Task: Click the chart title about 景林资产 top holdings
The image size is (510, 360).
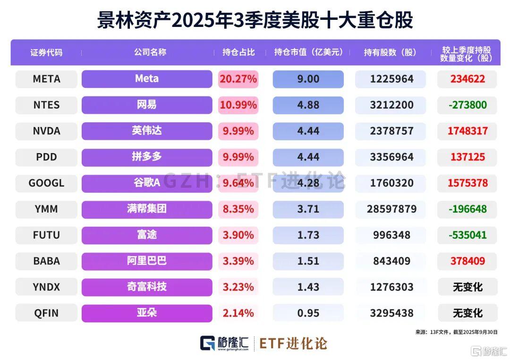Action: tap(255, 20)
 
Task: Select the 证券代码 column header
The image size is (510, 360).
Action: tap(46, 52)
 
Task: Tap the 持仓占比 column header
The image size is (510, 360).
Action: tap(238, 52)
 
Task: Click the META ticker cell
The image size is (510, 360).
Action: tap(46, 79)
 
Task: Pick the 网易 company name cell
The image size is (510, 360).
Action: tap(147, 105)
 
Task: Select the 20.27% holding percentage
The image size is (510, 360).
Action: tap(238, 79)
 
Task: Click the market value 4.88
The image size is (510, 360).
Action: tap(308, 105)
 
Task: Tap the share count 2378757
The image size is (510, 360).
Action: tap(391, 131)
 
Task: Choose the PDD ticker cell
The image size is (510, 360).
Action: tap(46, 157)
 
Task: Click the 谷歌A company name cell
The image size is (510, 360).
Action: tap(147, 183)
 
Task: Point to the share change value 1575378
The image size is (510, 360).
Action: tap(467, 183)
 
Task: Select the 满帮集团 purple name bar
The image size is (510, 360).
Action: tap(147, 209)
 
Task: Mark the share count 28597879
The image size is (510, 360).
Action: tap(391, 209)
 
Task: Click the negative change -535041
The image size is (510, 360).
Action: tap(467, 235)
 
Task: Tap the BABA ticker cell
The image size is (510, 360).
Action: tap(46, 261)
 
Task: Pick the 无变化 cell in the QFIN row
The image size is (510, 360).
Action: tap(467, 313)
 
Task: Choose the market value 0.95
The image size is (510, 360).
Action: tap(308, 313)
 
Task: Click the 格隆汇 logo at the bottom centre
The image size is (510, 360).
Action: tap(224, 343)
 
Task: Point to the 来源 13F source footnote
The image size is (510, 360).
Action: tap(456, 332)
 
